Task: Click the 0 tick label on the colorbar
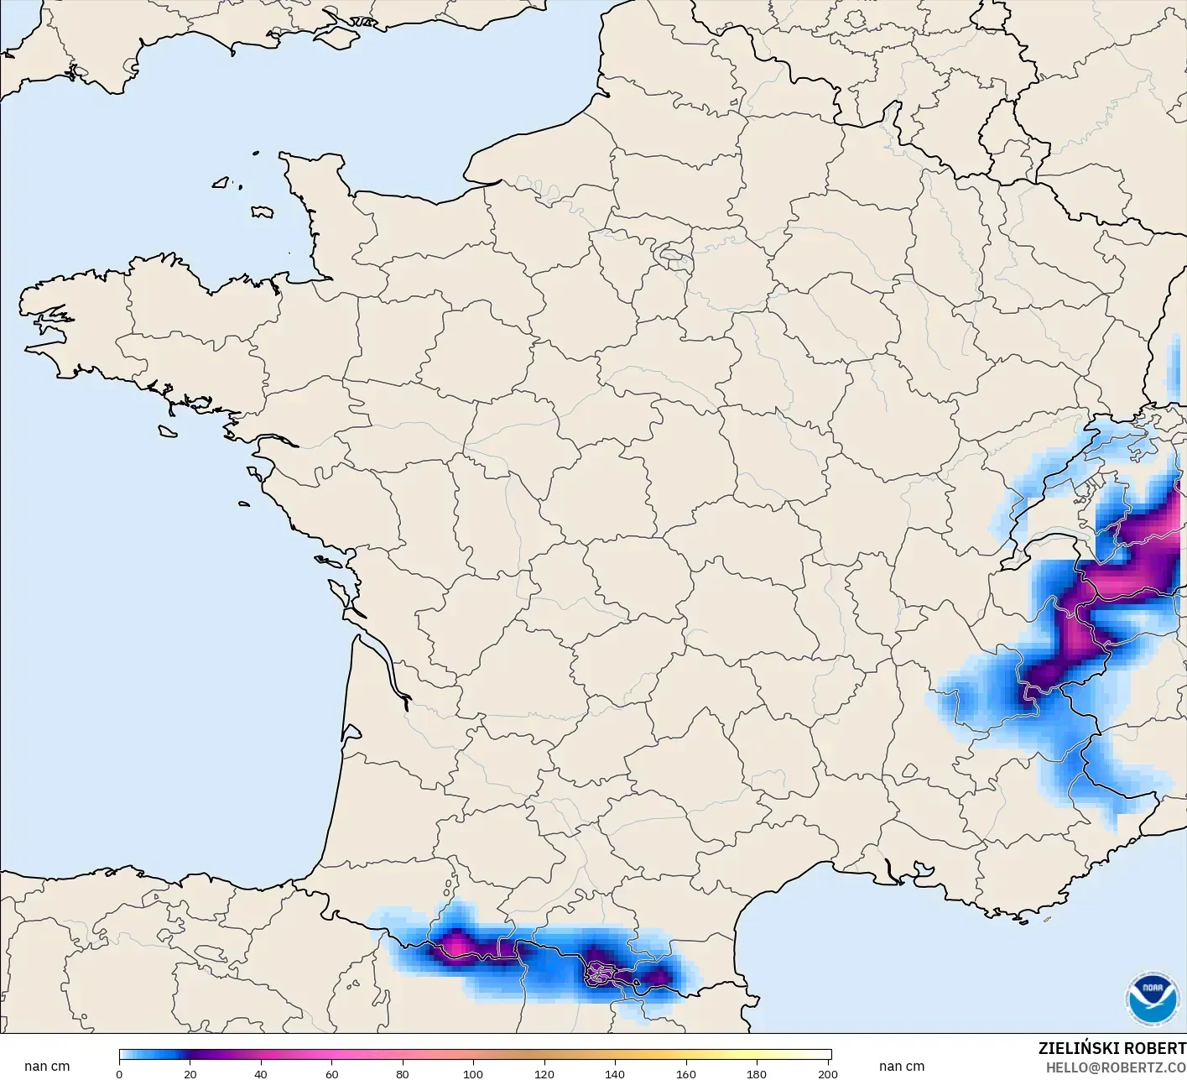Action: click(119, 1073)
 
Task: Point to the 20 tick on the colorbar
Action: click(190, 1073)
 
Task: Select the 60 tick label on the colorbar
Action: click(332, 1073)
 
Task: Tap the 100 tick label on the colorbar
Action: click(473, 1073)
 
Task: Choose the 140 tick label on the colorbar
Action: click(615, 1073)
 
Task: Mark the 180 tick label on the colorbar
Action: click(757, 1073)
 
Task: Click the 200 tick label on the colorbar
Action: click(827, 1073)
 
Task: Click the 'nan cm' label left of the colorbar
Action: click(47, 1066)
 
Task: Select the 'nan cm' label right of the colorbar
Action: click(902, 1066)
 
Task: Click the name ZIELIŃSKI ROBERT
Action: click(1112, 1048)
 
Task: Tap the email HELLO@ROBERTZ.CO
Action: click(1116, 1067)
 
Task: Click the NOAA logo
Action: click(1151, 998)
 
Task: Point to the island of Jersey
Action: click(262, 211)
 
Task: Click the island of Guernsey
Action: click(221, 181)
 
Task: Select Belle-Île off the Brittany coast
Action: click(168, 430)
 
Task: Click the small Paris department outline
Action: click(671, 252)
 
